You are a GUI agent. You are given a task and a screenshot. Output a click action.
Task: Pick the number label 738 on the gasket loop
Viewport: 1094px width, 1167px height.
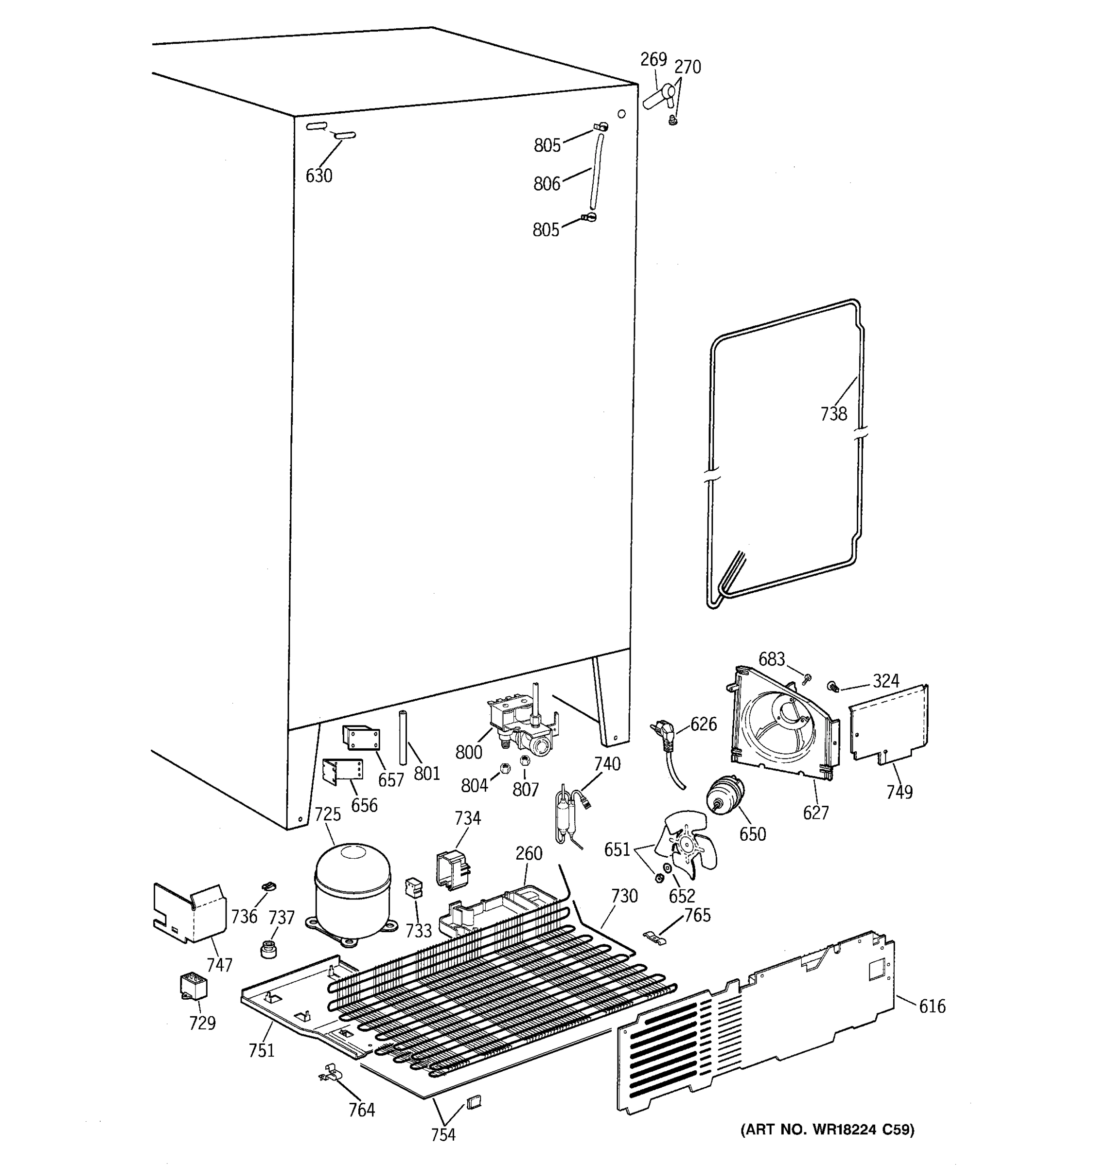coord(833,414)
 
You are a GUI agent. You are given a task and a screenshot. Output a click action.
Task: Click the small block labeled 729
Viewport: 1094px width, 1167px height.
coord(193,987)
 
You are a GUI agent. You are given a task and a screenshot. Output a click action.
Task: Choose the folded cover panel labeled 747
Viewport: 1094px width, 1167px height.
coord(189,913)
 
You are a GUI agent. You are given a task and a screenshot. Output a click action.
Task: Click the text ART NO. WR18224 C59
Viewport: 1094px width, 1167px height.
coord(827,1129)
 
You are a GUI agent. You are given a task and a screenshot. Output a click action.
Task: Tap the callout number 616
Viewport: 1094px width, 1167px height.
coord(932,1006)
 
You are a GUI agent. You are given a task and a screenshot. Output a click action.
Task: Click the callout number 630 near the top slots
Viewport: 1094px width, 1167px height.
coord(318,176)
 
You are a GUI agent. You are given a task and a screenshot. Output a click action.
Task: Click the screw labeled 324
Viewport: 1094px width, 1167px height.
coord(832,685)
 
